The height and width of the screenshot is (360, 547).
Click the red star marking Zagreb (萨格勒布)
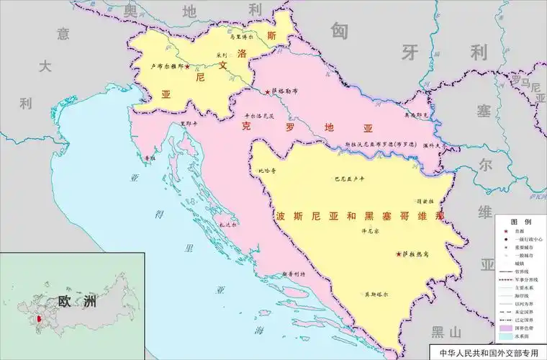(x=268, y=92)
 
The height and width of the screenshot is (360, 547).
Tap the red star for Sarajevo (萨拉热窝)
(x=399, y=254)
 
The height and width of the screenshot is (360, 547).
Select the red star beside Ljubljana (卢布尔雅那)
(x=188, y=67)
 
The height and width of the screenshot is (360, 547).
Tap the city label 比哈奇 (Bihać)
(x=267, y=171)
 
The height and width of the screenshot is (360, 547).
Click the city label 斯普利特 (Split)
(x=293, y=274)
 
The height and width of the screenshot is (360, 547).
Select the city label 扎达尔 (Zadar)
(x=228, y=224)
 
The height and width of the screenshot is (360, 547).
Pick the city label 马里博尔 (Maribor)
(x=243, y=35)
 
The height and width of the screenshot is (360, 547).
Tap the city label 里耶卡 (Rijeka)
(x=190, y=123)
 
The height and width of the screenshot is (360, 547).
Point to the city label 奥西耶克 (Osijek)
(x=415, y=114)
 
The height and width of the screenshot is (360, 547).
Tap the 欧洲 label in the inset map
(x=76, y=302)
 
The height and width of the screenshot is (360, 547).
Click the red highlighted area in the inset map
(x=38, y=318)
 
